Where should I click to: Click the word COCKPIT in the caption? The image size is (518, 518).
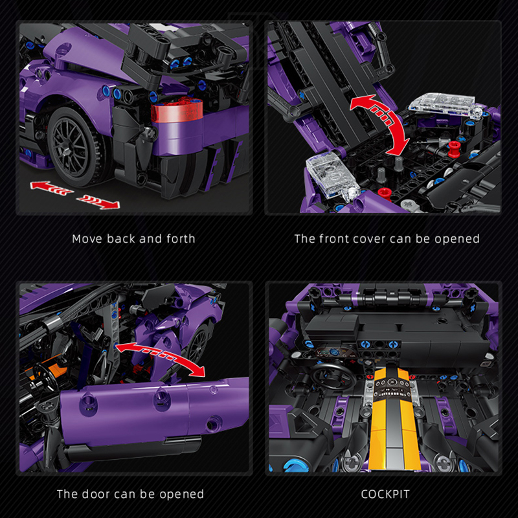tap(385, 494)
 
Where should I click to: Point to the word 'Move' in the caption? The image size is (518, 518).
tap(87, 238)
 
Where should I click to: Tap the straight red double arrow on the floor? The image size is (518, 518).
tap(74, 192)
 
